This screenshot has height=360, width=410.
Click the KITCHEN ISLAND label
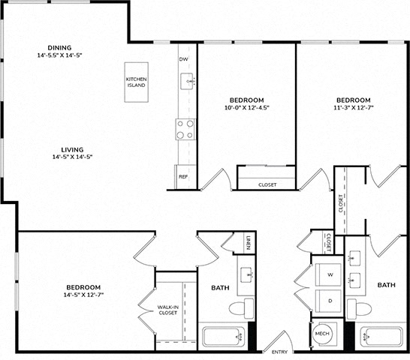(x=136, y=82)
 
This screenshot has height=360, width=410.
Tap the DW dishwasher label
(x=183, y=59)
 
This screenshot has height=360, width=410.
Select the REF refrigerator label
(x=183, y=177)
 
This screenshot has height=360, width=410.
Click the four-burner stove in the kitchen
(x=185, y=129)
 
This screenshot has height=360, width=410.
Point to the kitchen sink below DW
(x=188, y=81)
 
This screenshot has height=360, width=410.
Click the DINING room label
(x=59, y=48)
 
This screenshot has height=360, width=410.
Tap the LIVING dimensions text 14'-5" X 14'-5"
(x=72, y=157)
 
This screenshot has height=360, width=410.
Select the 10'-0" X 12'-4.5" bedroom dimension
(x=247, y=107)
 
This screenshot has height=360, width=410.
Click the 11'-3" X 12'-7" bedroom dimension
(x=354, y=107)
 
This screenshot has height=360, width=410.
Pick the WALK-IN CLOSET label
(x=168, y=310)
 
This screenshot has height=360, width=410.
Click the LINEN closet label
(x=249, y=243)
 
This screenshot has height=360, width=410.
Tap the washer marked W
(x=328, y=274)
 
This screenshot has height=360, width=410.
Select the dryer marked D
(x=328, y=301)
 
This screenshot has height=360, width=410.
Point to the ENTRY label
(x=279, y=352)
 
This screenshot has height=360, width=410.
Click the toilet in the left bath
(x=241, y=308)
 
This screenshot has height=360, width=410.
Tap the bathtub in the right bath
(x=381, y=337)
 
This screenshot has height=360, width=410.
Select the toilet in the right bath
(x=359, y=309)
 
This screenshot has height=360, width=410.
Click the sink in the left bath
(x=246, y=275)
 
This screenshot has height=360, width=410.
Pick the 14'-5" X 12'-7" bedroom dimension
(x=83, y=295)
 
